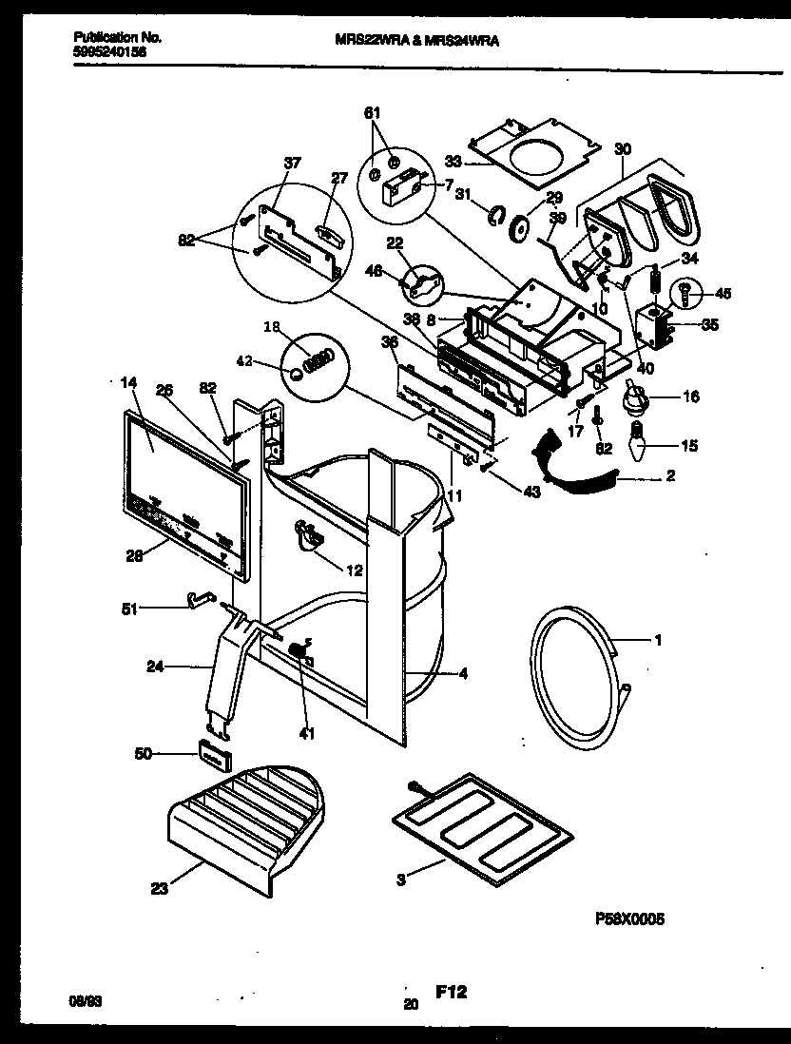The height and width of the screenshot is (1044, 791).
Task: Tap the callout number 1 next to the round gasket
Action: (x=657, y=640)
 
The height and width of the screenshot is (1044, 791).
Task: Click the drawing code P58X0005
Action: (x=629, y=919)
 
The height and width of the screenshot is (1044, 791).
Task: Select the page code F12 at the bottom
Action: (x=451, y=992)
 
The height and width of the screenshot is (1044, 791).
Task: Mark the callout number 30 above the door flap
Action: (x=623, y=148)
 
